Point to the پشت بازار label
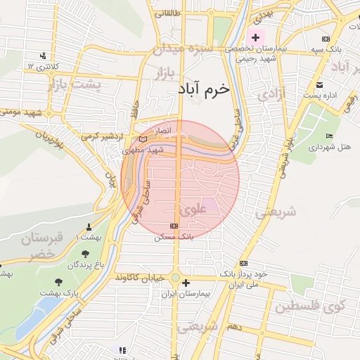pos(75,84)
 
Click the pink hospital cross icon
pos(255,37)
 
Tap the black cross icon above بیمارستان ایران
pos(186,283)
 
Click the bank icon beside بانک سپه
pos(325,39)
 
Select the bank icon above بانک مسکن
pos(174,226)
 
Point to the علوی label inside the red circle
pos(191,209)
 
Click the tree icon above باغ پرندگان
pos(85,254)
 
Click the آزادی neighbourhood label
pos(273,94)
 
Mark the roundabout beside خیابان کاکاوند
pos(175,278)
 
